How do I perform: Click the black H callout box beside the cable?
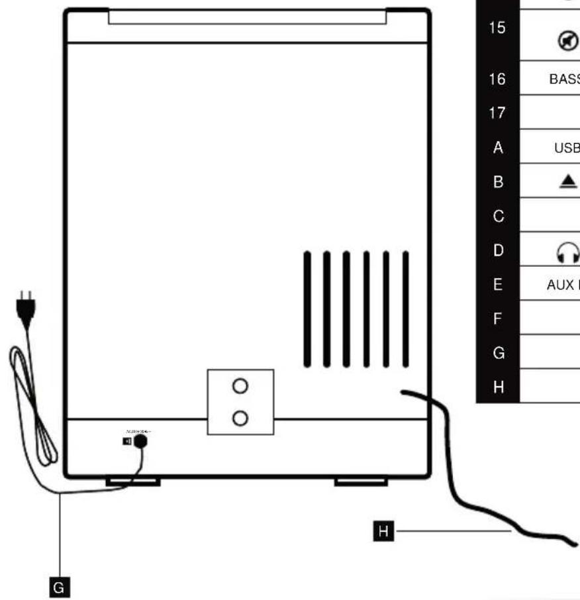tap(383, 530)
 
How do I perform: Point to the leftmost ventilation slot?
tap(307, 309)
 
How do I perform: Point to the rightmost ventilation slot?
tap(406, 309)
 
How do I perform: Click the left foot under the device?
tap(132, 481)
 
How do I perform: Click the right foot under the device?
tap(361, 481)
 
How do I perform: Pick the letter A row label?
tap(498, 148)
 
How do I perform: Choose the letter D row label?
tap(498, 250)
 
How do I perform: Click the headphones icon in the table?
tap(570, 251)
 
